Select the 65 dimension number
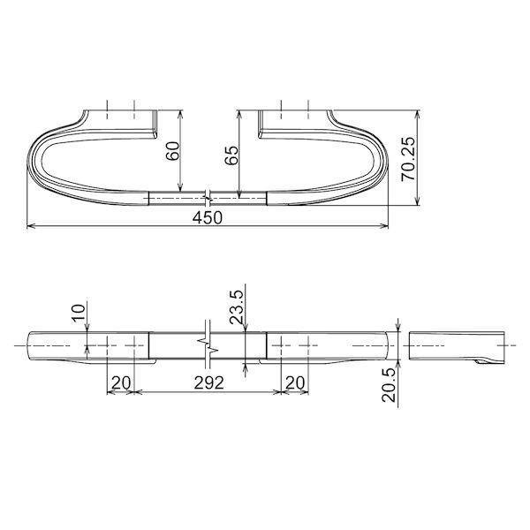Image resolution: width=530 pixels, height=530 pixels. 231,156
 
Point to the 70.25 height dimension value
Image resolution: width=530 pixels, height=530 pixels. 406,160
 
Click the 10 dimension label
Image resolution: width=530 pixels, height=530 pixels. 79,312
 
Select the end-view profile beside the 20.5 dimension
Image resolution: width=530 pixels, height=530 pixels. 459,346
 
